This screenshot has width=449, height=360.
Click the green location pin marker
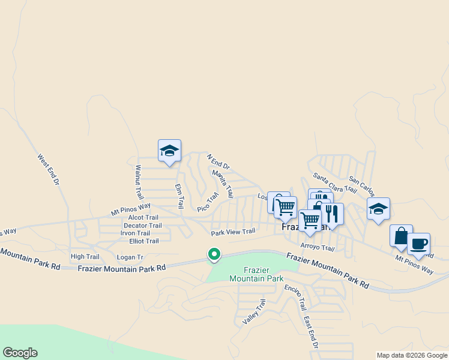(x=214, y=254)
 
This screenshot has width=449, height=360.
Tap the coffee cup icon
(x=419, y=244)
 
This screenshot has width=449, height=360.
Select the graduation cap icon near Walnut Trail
(x=169, y=151)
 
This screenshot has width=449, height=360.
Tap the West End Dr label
(x=49, y=169)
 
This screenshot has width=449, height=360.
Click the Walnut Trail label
(x=139, y=182)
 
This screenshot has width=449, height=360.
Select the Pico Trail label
(x=208, y=202)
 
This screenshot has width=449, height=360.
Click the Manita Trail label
(x=223, y=184)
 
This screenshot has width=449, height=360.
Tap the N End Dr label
(x=218, y=162)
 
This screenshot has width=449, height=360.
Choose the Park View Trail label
(x=233, y=232)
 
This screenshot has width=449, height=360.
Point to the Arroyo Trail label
(x=317, y=247)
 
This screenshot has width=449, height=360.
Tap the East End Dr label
(x=310, y=334)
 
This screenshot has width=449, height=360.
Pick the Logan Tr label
(x=130, y=257)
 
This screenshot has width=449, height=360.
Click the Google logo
(x=20, y=353)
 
